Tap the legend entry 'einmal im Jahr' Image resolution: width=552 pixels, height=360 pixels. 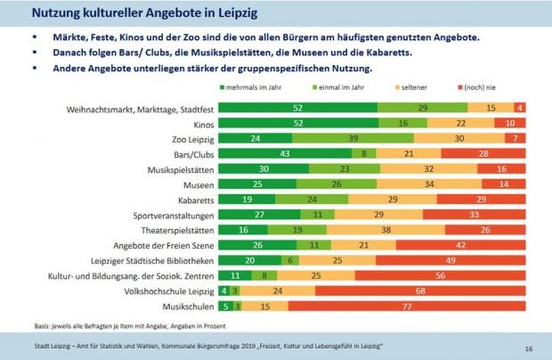339,90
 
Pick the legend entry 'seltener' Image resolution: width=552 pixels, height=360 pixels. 418,90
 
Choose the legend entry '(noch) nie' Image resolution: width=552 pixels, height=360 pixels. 492,90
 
